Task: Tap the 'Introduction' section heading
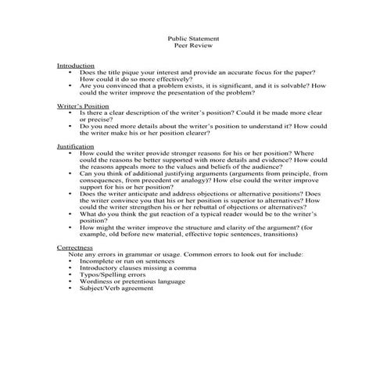point(76,65)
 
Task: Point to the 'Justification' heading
point(76,146)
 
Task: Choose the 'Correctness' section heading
point(76,246)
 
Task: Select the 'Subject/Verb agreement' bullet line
point(116,288)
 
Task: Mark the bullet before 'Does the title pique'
point(70,72)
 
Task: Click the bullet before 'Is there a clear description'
point(70,113)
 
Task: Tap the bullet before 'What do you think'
point(70,213)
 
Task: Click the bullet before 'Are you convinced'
point(70,85)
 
